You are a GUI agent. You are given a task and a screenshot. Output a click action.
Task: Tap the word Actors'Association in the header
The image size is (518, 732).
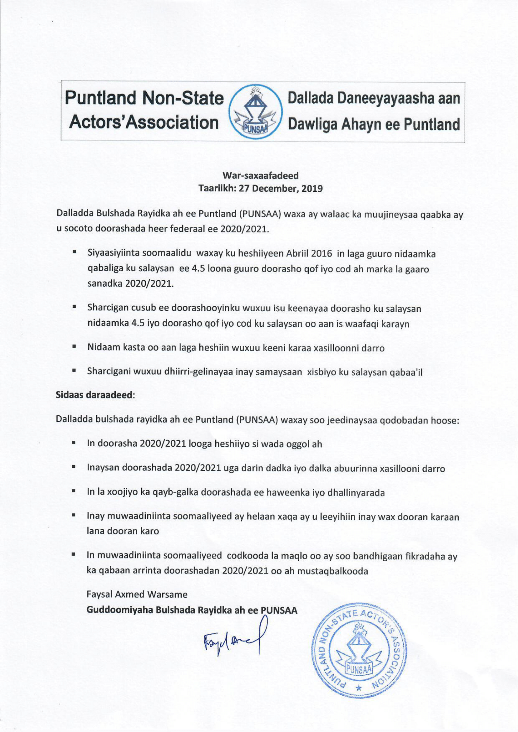[144, 122]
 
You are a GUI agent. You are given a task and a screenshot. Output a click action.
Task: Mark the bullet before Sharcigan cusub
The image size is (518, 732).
[74, 307]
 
